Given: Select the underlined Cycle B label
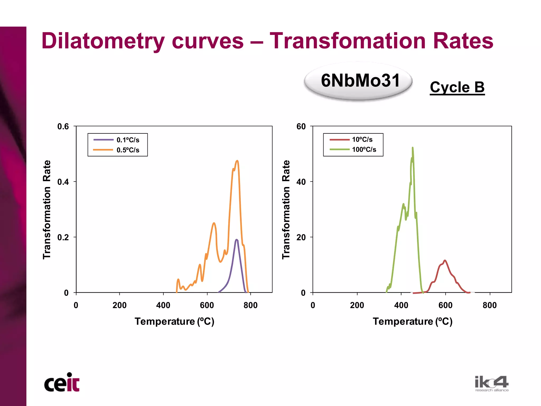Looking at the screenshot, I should [457, 87].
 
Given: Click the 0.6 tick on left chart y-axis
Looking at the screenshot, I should [63, 126].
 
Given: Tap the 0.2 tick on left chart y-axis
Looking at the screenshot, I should [63, 237].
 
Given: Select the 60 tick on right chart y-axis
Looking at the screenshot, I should [301, 126].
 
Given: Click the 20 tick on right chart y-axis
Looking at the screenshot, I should [301, 237].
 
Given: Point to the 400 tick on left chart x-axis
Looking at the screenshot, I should [163, 305].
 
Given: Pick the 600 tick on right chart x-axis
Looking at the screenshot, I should [445, 305].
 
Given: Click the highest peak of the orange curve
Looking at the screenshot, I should [237, 161].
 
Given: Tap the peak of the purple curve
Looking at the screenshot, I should [236, 240].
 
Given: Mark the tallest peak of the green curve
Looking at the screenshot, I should [412, 148].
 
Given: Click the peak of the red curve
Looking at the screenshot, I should [445, 260].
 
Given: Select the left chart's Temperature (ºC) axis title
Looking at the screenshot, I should [174, 321].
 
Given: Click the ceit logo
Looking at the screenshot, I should [62, 382].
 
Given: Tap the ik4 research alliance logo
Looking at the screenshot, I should [491, 384].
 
